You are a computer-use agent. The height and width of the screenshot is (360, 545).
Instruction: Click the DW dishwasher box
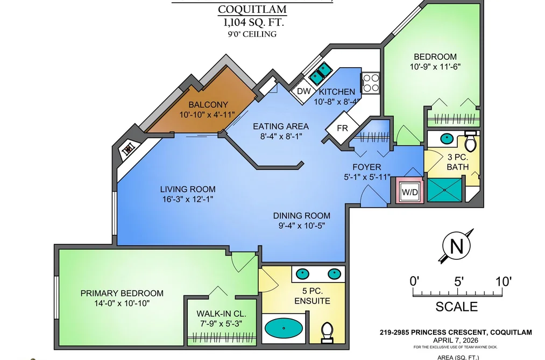(303, 91)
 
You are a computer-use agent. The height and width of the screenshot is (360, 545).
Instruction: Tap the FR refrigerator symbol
(342, 128)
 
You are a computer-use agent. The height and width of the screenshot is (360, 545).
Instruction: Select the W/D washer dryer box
(410, 192)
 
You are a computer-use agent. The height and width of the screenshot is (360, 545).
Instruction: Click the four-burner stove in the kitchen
(371, 83)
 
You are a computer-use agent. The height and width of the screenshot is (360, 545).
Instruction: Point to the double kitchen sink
(321, 73)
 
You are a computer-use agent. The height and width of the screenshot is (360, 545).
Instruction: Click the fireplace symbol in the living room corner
(129, 150)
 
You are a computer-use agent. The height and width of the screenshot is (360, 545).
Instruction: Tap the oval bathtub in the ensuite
(284, 328)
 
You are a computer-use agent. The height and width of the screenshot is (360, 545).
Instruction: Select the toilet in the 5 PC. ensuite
(327, 331)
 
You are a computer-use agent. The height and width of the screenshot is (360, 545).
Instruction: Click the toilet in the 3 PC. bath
(470, 142)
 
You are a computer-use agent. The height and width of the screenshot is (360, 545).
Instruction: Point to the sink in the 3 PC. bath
(447, 139)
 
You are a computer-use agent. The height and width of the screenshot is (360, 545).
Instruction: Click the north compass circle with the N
(456, 246)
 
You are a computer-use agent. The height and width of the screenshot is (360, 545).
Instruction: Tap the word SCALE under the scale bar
(457, 307)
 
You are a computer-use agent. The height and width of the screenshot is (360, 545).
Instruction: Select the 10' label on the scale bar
(502, 281)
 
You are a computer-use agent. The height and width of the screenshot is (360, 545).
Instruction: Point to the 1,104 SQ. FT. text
(253, 23)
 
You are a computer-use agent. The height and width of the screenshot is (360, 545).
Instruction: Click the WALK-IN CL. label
(222, 313)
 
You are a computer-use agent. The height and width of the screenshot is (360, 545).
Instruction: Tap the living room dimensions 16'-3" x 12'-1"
(188, 199)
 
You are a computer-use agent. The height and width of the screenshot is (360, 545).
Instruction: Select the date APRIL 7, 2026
(456, 340)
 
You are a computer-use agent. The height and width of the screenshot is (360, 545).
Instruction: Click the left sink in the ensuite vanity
(302, 274)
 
